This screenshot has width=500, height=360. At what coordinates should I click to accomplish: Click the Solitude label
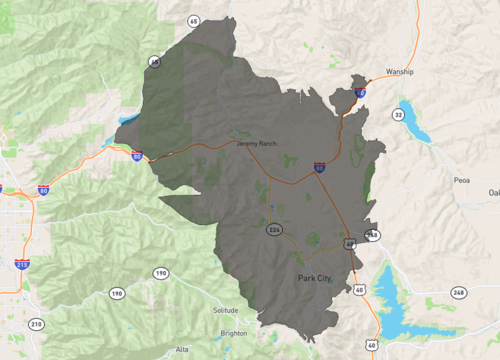(226, 310)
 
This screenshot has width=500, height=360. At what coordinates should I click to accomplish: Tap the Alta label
(181, 349)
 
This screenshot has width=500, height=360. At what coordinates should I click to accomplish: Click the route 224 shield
(273, 230)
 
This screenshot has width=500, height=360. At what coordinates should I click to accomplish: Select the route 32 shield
(398, 115)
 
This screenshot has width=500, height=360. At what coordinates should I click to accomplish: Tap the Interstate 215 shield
(21, 264)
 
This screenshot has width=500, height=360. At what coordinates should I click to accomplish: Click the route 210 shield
(37, 324)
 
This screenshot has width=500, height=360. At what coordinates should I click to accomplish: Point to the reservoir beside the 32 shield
(415, 120)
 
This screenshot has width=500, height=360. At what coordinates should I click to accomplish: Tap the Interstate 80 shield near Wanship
(360, 92)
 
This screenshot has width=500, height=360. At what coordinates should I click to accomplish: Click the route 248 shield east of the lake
(459, 293)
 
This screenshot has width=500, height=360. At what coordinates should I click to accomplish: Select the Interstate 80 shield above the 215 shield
(43, 189)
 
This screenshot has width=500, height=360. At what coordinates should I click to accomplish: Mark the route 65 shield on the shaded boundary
(154, 62)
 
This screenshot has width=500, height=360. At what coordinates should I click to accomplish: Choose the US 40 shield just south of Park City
(358, 290)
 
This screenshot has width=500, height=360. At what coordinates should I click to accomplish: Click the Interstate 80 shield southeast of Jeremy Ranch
(319, 167)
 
